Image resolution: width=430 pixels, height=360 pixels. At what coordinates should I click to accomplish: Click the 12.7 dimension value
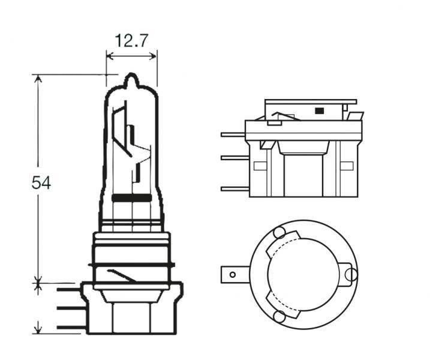click(x=131, y=41)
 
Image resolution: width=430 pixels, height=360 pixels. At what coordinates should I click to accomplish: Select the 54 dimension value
click(x=41, y=182)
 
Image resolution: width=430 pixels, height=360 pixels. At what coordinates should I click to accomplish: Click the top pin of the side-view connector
click(x=233, y=134)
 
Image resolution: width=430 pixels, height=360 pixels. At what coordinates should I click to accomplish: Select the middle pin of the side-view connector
click(x=233, y=158)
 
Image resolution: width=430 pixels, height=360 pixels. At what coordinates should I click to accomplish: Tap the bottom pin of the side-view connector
click(x=233, y=189)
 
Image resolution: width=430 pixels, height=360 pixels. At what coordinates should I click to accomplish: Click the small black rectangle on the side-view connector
click(x=319, y=110)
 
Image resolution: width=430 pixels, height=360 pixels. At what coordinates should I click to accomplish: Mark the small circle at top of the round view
click(x=279, y=233)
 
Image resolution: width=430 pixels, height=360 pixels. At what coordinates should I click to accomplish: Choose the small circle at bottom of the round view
click(x=279, y=316)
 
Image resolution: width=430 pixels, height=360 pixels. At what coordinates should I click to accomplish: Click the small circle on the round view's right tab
click(x=352, y=275)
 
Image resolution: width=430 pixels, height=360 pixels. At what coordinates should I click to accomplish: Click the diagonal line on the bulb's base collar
click(x=120, y=276)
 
